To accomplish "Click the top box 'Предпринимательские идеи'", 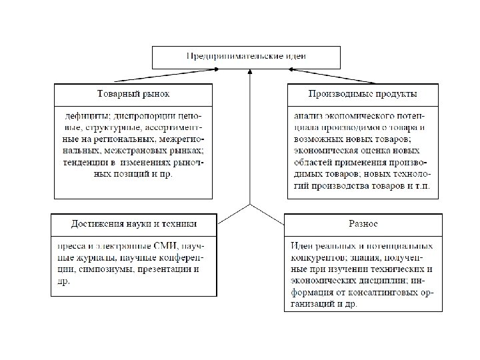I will click(246, 57).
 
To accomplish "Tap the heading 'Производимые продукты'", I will click(363, 93).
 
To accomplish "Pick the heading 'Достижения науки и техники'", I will click(134, 223).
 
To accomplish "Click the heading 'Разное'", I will click(363, 223).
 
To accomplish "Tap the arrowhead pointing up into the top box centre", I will click(249, 73).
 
